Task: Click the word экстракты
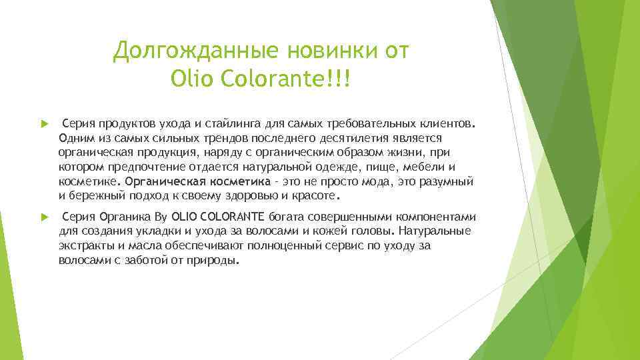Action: point(85,245)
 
